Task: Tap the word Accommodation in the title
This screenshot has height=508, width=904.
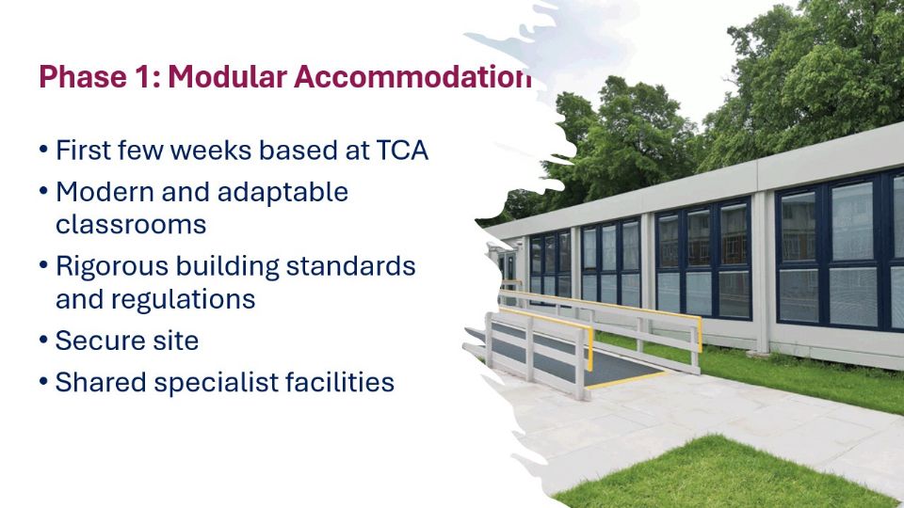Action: click(x=412, y=76)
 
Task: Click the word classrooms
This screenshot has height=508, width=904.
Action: click(x=131, y=225)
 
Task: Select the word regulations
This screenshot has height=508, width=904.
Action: click(x=183, y=299)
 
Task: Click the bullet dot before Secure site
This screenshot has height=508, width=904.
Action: click(x=44, y=341)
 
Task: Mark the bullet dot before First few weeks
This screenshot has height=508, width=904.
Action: click(x=44, y=151)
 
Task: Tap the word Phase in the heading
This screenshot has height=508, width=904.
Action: click(x=83, y=76)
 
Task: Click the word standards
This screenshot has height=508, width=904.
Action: click(x=350, y=266)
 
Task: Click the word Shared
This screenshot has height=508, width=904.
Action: click(x=101, y=383)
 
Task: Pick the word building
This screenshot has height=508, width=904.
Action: click(x=227, y=266)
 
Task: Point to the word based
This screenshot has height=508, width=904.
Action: click(x=296, y=151)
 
